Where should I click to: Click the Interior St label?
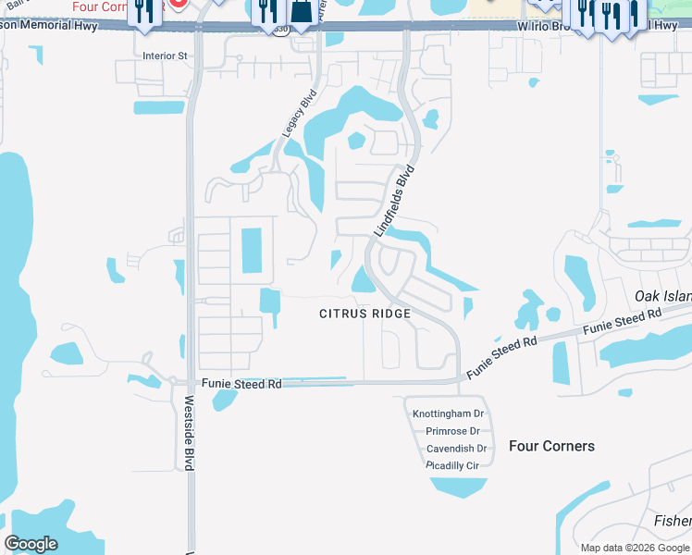(x=165, y=55)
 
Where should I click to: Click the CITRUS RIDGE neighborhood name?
(x=365, y=314)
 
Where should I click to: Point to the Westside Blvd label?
(x=188, y=434)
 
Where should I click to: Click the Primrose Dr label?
(x=452, y=431)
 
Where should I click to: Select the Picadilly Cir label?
(x=452, y=465)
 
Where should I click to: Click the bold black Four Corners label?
(x=551, y=446)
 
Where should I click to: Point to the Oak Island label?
(x=662, y=296)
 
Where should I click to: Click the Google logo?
(x=31, y=544)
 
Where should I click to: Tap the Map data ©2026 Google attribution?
(x=636, y=548)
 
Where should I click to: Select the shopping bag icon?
(x=301, y=12)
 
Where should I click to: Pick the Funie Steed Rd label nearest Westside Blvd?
(x=241, y=384)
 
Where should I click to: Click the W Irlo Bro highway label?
(x=547, y=28)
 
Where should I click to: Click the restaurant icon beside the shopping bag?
(x=268, y=12)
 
